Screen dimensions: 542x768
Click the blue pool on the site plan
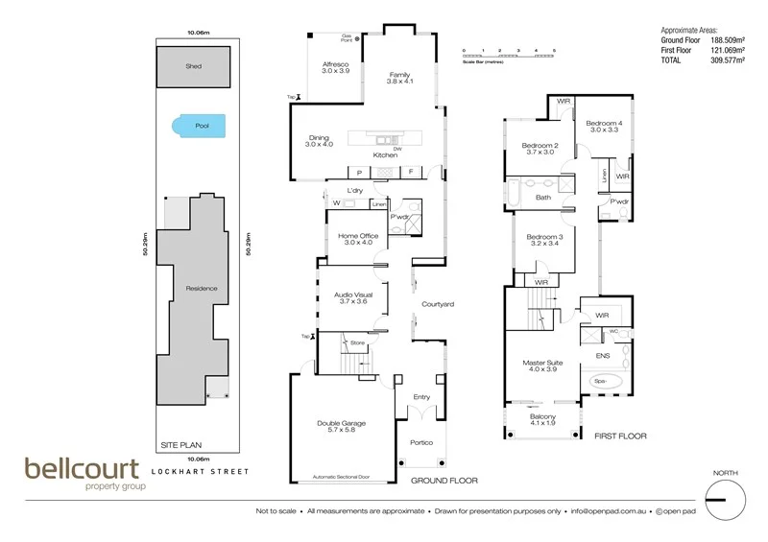(199, 125)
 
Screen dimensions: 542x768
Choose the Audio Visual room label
(354, 297)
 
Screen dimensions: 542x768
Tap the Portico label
(422, 442)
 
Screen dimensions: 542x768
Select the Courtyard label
(437, 304)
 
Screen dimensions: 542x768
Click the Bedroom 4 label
(605, 128)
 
